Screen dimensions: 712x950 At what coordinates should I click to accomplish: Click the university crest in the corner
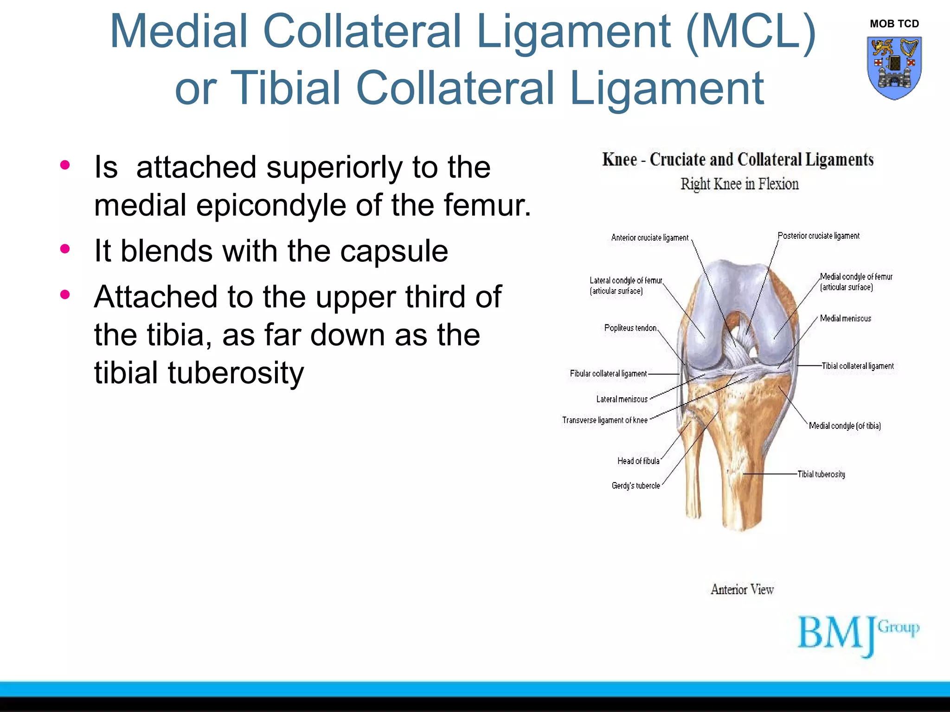click(x=894, y=68)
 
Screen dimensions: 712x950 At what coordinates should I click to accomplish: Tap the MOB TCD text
click(x=894, y=24)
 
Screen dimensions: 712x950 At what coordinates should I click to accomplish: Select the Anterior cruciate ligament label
click(x=649, y=238)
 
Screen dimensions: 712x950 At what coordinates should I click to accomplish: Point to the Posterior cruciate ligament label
click(x=818, y=236)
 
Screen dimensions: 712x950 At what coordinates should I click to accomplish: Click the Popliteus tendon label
click(x=630, y=328)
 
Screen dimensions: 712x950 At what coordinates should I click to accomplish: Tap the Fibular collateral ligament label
click(x=608, y=374)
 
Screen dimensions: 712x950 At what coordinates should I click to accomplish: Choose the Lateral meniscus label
click(x=622, y=399)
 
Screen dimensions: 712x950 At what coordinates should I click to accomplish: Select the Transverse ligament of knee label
click(x=604, y=420)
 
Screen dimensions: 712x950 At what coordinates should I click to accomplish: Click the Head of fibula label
click(x=638, y=461)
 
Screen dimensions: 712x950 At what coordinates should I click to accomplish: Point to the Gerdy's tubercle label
click(x=635, y=486)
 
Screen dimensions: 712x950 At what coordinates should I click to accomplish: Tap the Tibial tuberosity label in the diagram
click(x=821, y=474)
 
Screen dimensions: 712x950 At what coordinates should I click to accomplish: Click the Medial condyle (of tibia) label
click(x=844, y=426)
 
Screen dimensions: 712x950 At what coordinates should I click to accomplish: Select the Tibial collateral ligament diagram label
click(x=857, y=366)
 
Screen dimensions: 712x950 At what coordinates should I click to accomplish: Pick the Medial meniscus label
click(x=845, y=318)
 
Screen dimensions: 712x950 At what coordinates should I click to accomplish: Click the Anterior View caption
click(x=742, y=590)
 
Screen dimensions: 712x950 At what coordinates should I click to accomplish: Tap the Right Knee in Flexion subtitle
click(x=739, y=184)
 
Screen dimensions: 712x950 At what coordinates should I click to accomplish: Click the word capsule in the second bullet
click(x=394, y=251)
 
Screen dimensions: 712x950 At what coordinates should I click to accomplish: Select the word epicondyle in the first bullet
click(x=271, y=205)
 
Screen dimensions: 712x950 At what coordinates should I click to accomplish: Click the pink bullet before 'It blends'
click(x=65, y=249)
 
